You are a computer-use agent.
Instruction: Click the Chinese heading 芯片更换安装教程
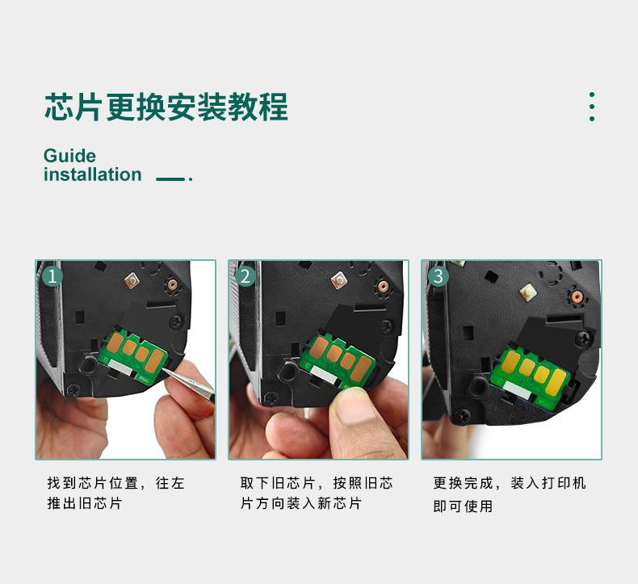tap(166, 107)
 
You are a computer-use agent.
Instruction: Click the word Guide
tap(69, 156)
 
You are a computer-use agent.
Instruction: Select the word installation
tap(92, 174)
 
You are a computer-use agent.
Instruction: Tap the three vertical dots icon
tap(592, 107)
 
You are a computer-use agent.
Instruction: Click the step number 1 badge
tap(52, 276)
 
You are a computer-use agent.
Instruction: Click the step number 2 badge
tap(246, 276)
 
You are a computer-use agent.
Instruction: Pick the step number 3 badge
tap(439, 276)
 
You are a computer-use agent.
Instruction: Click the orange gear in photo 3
tap(576, 297)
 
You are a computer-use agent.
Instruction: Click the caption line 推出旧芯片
tap(84, 503)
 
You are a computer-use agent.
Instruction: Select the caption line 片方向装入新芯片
tap(300, 503)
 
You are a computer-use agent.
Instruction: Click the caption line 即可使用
tap(463, 506)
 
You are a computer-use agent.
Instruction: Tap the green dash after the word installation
tap(170, 179)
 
